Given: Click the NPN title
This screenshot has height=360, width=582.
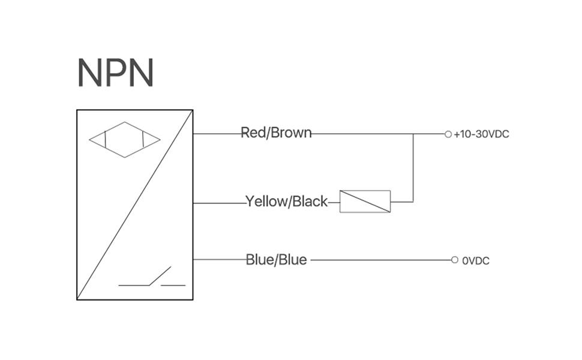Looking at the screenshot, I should [116, 73].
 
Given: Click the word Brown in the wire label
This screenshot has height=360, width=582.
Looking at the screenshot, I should [292, 133].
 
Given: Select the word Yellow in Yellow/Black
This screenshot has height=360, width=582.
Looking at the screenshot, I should [266, 202].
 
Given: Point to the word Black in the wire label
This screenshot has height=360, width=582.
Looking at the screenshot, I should [310, 202].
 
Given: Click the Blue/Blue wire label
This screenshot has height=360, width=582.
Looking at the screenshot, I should [276, 260].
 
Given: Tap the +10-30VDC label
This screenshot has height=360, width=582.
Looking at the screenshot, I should [481, 134].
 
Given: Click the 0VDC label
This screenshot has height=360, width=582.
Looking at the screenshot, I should [475, 261].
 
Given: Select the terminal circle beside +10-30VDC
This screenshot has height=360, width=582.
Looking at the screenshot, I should [448, 134].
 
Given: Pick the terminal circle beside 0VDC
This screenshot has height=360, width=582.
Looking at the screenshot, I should [455, 260].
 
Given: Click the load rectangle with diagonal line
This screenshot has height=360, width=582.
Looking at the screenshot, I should [365, 202].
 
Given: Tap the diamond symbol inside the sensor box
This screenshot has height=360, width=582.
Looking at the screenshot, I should [125, 140].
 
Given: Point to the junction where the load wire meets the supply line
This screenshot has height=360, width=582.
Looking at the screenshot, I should [413, 134].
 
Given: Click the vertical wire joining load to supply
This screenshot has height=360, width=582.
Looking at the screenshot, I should [413, 168].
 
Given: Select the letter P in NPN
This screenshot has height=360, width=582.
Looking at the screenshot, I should [116, 73].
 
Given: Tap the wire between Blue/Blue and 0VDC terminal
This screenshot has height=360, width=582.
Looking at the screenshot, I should [381, 260].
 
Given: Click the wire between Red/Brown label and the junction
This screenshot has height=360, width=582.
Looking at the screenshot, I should [360, 134].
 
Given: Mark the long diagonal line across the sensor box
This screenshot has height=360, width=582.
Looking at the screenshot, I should [135, 204].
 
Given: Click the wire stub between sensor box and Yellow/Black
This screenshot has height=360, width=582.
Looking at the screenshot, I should [219, 203].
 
